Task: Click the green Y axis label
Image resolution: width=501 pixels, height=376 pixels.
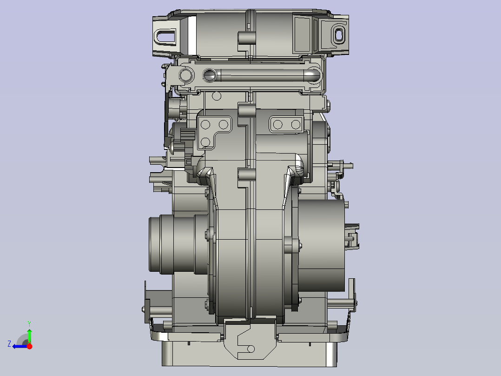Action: [29, 323]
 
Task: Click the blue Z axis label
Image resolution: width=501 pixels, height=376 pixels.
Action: [9, 344]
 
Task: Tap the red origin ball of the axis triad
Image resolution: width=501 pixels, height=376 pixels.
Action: [29, 346]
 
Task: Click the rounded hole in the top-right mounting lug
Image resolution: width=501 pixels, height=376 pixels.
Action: [338, 34]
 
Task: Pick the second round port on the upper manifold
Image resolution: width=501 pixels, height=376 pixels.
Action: [210, 75]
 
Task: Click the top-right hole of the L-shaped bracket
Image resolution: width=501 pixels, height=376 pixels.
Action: [224, 124]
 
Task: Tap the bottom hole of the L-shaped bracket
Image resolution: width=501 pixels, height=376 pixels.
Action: [205, 142]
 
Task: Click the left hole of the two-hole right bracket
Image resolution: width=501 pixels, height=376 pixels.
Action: [278, 124]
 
